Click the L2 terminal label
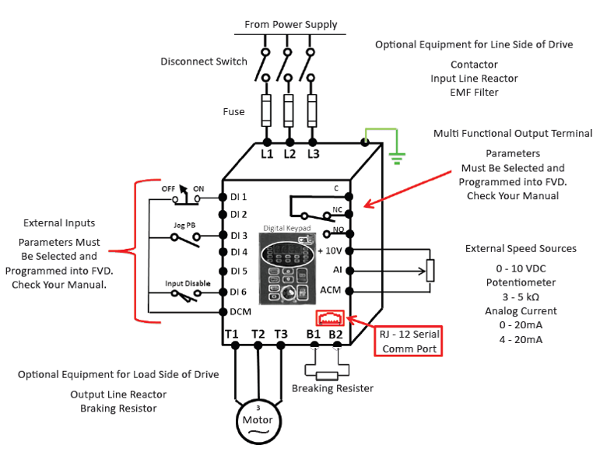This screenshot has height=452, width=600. tap(289, 154)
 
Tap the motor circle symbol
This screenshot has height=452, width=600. tap(258, 420)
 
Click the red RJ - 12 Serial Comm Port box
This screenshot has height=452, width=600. tap(410, 340)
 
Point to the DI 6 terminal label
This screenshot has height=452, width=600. tap(238, 291)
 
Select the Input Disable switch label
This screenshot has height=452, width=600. tap(187, 283)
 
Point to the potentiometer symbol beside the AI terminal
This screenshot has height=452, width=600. tap(429, 270)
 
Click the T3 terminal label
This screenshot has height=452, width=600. tap(281, 334)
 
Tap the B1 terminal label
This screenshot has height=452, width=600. tap(314, 334)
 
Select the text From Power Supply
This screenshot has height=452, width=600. tap(291, 24)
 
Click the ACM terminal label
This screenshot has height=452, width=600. tap(330, 290)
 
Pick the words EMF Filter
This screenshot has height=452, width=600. tap(474, 92)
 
